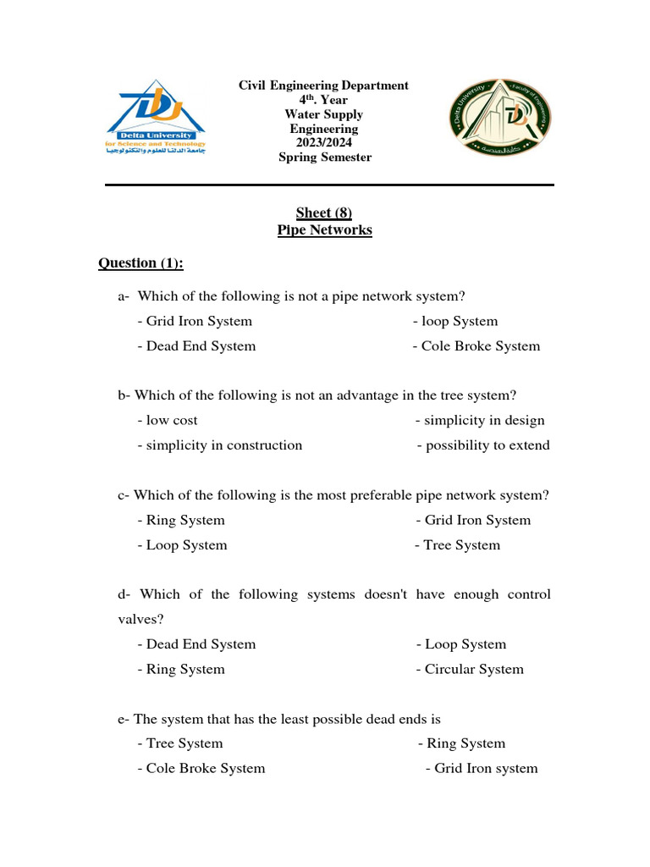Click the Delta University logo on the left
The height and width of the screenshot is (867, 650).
click(x=156, y=119)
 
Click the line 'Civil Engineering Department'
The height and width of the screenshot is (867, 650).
click(x=323, y=86)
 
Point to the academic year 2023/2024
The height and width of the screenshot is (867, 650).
click(x=323, y=143)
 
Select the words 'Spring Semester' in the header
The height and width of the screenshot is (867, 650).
click(x=324, y=157)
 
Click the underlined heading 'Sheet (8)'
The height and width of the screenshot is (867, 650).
click(x=324, y=213)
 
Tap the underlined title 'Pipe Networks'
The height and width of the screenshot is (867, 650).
click(x=324, y=230)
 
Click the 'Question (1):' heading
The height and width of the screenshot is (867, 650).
click(x=140, y=263)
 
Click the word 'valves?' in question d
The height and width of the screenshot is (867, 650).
click(x=140, y=620)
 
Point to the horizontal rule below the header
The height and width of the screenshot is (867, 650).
click(x=329, y=185)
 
